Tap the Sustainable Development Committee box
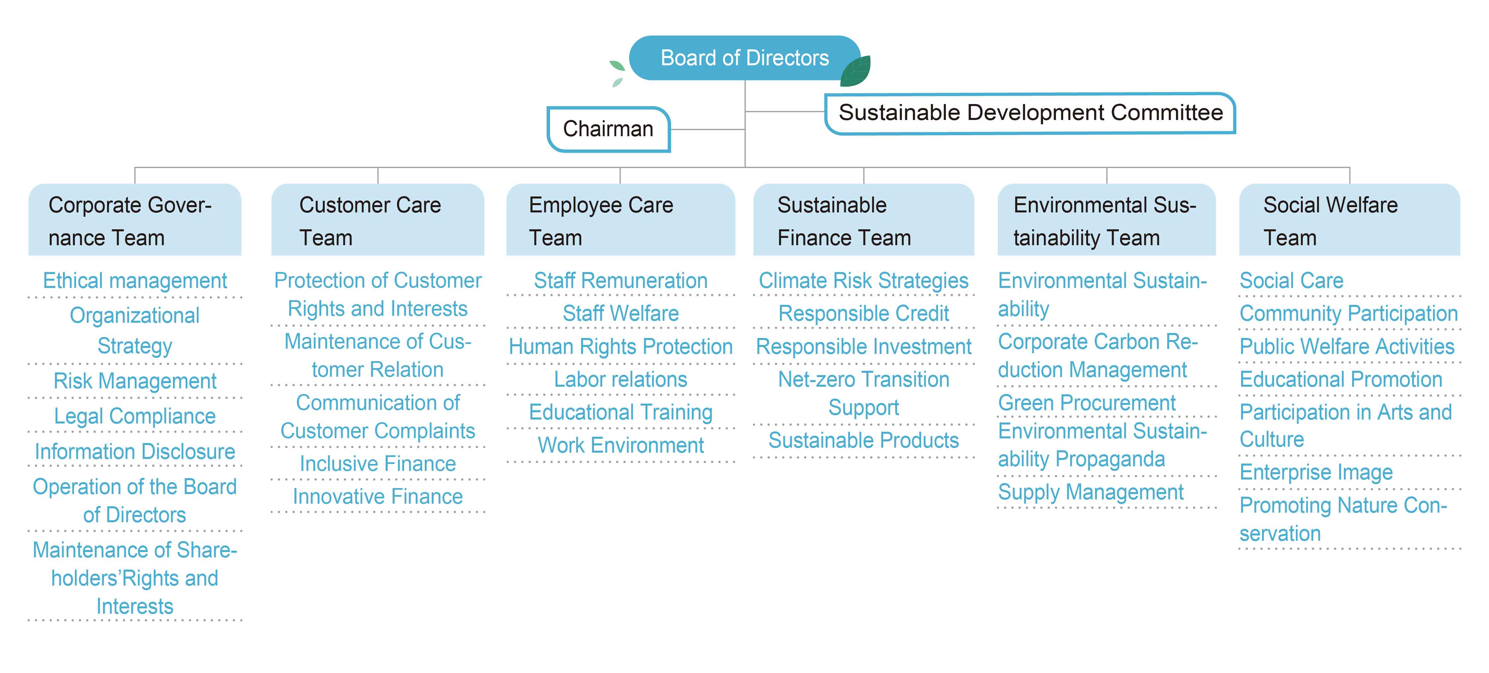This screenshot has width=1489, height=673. [1030, 113]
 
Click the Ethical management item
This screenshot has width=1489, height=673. [135, 281]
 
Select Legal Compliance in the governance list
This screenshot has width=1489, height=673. [135, 416]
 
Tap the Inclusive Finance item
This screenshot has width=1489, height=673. [377, 464]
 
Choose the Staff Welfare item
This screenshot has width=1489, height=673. [620, 313]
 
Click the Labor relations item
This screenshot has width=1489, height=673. [620, 379]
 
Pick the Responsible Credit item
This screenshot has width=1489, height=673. [863, 313]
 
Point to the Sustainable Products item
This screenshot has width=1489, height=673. [863, 441]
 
